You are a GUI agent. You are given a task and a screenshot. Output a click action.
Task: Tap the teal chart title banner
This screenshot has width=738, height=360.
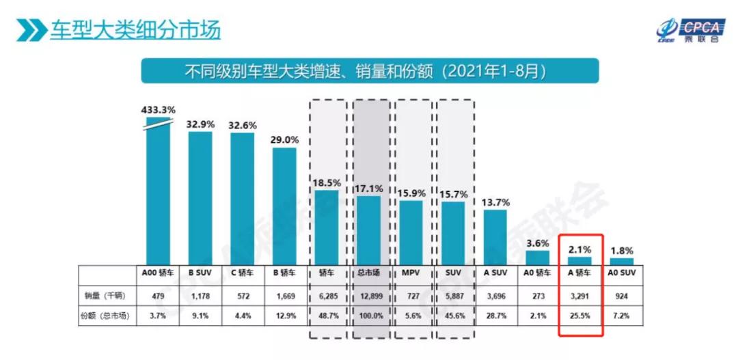pyautogui.click(x=369, y=70)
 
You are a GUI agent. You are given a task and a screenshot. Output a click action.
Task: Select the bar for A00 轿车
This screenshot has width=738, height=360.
pyautogui.click(x=159, y=191)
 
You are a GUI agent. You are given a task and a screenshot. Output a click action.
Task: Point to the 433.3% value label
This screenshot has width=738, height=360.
pyautogui.click(x=159, y=109)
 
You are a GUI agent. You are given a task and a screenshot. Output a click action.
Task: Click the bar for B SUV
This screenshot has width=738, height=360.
pyautogui.click(x=200, y=198)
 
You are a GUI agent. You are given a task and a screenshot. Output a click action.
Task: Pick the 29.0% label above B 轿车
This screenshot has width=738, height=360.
pyautogui.click(x=284, y=139)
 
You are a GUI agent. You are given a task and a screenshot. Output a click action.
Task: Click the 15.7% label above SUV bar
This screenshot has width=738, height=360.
pyautogui.click(x=453, y=193)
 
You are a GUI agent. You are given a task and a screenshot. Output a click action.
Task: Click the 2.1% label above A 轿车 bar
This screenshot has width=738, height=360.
pyautogui.click(x=580, y=249)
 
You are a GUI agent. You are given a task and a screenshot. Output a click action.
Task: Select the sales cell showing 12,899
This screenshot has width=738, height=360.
pyautogui.click(x=369, y=297)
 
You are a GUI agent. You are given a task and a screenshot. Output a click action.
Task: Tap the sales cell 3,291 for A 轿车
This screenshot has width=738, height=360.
pyautogui.click(x=580, y=297)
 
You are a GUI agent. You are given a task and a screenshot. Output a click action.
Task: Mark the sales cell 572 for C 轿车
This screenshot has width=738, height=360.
pyautogui.click(x=243, y=297)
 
